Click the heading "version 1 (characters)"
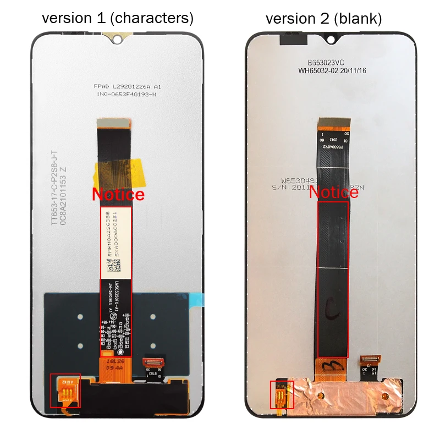click(x=118, y=18)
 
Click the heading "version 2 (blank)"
click(x=323, y=18)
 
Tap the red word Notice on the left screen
click(x=118, y=194)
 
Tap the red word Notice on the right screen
click(x=333, y=193)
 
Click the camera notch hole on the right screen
click(x=331, y=40)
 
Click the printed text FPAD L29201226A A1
click(x=127, y=87)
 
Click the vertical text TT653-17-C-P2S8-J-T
click(x=54, y=187)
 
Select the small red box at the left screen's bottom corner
click(x=65, y=391)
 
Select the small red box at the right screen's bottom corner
click(x=282, y=394)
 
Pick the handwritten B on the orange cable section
click(x=332, y=365)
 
